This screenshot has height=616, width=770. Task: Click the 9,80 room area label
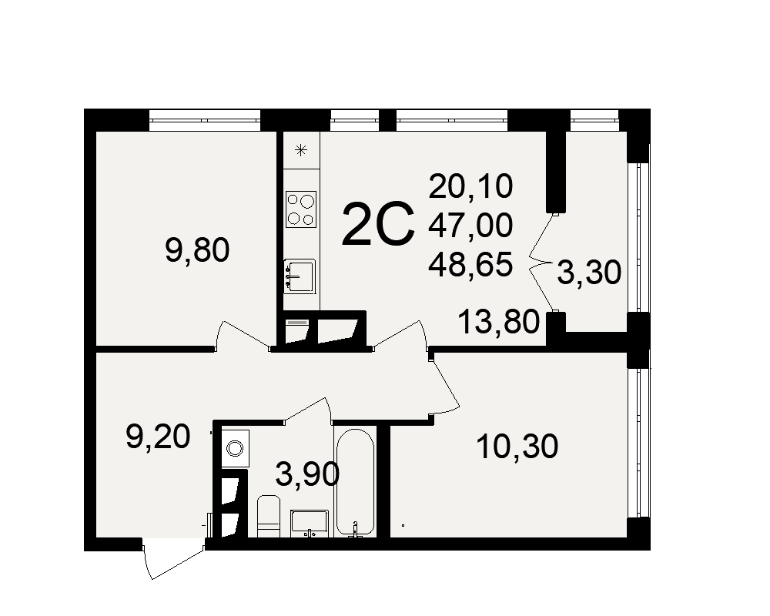[x=197, y=250]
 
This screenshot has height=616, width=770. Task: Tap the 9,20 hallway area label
[x=158, y=437]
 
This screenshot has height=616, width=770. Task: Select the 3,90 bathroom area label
[x=307, y=474]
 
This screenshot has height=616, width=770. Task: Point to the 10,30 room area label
[x=517, y=447]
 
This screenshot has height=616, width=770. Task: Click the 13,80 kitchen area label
[x=498, y=323]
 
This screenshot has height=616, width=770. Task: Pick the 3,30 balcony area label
[x=589, y=273]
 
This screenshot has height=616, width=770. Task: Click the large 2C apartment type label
[x=378, y=224]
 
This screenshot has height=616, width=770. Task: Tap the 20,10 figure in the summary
[x=470, y=186]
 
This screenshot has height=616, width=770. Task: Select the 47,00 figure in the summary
[x=470, y=226]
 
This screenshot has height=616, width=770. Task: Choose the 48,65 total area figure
[x=470, y=264]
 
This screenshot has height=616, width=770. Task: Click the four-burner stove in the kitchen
[x=301, y=209]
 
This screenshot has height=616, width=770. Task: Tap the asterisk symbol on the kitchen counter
[x=301, y=150]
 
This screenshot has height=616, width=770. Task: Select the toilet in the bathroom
[x=269, y=516]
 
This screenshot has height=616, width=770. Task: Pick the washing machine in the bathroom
[x=235, y=448]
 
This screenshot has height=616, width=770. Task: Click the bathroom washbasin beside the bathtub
[x=310, y=524]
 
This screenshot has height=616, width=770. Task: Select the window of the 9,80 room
[x=204, y=120]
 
